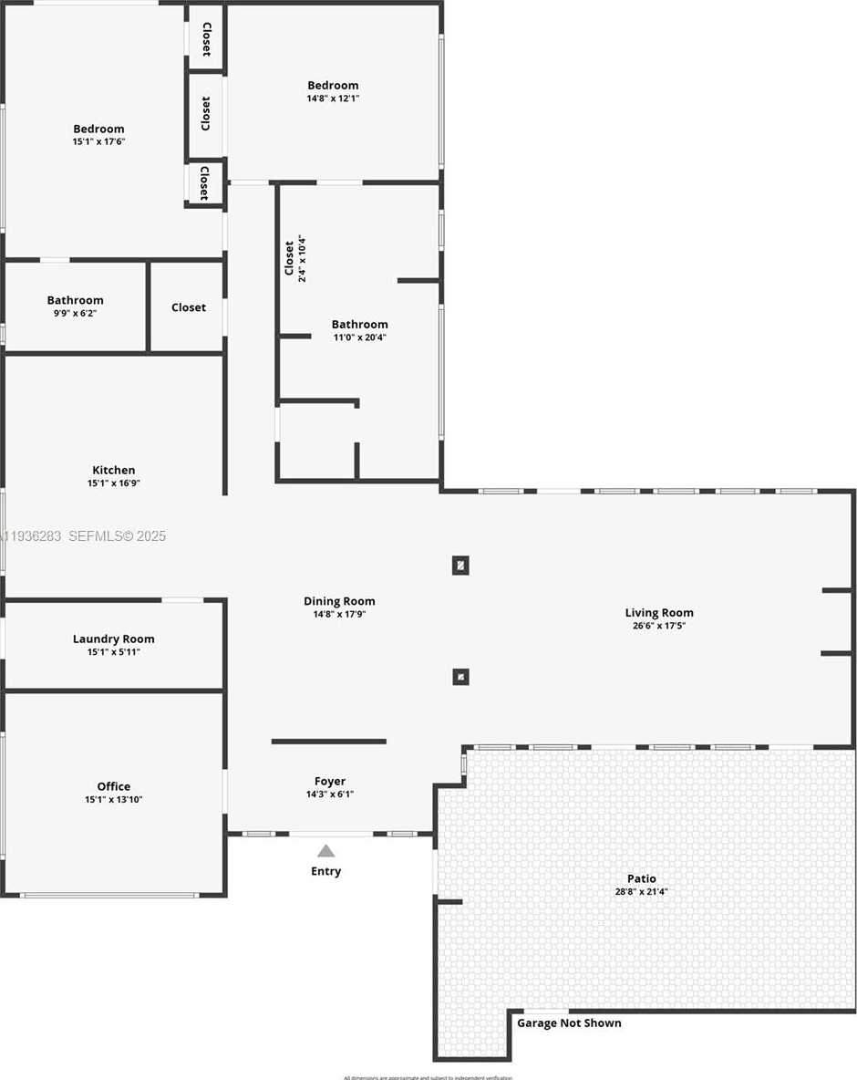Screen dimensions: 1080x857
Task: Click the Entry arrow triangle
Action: click(325, 851)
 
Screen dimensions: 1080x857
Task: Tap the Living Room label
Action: click(659, 613)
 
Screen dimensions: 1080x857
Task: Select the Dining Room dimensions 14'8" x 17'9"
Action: click(339, 615)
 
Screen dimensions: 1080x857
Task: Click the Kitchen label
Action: click(114, 471)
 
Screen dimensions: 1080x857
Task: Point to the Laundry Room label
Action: click(114, 639)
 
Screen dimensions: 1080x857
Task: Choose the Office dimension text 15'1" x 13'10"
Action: click(114, 800)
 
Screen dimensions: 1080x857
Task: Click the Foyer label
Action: click(330, 782)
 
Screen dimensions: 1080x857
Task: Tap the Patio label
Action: click(642, 879)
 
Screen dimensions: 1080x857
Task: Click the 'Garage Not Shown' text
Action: click(569, 1023)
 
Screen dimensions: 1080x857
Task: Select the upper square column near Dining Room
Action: click(460, 566)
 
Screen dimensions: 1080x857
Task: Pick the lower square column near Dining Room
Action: click(460, 677)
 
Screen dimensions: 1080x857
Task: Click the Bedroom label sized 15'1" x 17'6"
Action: click(98, 130)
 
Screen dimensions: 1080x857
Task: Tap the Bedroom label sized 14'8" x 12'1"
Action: click(333, 86)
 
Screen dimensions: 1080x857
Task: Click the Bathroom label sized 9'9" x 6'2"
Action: click(76, 300)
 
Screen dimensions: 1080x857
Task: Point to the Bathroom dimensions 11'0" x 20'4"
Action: click(360, 337)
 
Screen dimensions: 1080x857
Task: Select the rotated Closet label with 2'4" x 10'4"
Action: click(294, 258)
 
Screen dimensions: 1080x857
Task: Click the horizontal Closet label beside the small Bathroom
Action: click(189, 308)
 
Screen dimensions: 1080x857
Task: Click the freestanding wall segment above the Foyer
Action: click(329, 742)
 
